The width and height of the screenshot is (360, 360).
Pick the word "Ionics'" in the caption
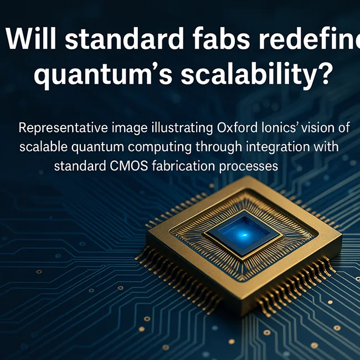coord(272,128)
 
